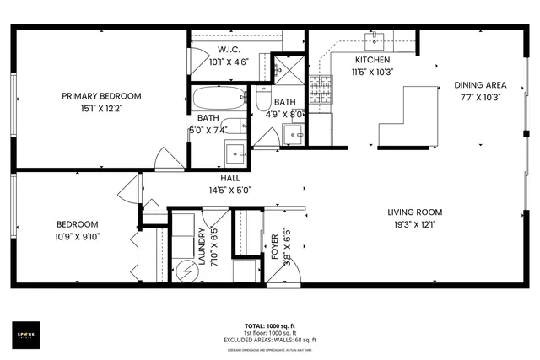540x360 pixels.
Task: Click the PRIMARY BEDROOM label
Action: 100,96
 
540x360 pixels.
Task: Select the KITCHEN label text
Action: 371,61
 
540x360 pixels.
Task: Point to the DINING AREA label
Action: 479,85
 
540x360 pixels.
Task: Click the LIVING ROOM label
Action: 414,212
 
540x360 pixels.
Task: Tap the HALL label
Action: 229,179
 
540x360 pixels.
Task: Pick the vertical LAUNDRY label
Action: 202,245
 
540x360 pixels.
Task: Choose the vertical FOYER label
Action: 274,245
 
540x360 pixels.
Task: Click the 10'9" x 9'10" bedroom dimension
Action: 77,236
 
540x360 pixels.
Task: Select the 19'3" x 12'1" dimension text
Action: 414,224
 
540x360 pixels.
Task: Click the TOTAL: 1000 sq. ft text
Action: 269,325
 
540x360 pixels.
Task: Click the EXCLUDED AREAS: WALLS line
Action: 269,339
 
